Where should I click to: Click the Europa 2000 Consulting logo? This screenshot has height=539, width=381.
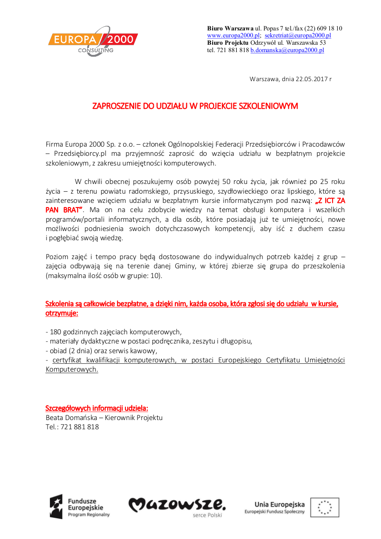click(x=93, y=41)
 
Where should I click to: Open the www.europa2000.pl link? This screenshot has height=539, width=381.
click(x=233, y=36)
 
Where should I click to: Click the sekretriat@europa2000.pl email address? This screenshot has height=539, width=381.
click(x=298, y=36)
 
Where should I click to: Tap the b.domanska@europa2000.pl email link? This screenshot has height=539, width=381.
click(x=287, y=50)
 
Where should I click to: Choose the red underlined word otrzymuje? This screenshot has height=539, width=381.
click(x=61, y=314)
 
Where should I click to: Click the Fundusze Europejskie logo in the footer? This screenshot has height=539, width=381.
click(x=79, y=506)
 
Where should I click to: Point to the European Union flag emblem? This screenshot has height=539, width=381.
click(x=325, y=507)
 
